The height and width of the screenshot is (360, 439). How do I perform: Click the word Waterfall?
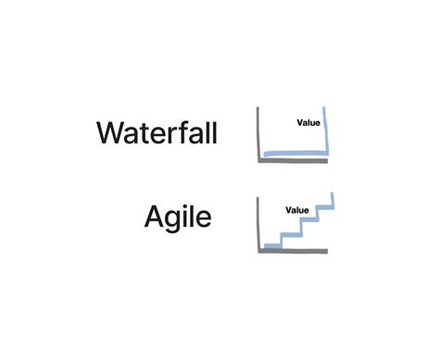(157, 133)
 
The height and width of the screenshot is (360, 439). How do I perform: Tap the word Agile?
(178, 218)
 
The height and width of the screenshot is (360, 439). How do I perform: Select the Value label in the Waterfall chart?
(308, 121)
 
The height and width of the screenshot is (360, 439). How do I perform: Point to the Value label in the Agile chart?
(297, 209)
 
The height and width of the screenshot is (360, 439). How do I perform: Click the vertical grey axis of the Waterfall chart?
(258, 133)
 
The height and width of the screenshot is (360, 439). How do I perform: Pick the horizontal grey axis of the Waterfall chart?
(293, 159)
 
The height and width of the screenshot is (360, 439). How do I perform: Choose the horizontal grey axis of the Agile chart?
(293, 250)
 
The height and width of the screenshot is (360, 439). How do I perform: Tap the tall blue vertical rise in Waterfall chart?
(327, 130)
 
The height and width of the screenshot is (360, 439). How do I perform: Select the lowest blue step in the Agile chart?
(271, 245)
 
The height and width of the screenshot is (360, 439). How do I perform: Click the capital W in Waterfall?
(110, 133)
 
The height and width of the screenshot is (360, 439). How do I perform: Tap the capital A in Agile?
(156, 218)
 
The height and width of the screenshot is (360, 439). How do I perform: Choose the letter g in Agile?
(176, 222)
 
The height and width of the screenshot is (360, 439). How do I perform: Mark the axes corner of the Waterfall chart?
(258, 159)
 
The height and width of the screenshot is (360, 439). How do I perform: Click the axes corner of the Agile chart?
(257, 250)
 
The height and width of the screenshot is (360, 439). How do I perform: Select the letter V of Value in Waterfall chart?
(300, 121)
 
